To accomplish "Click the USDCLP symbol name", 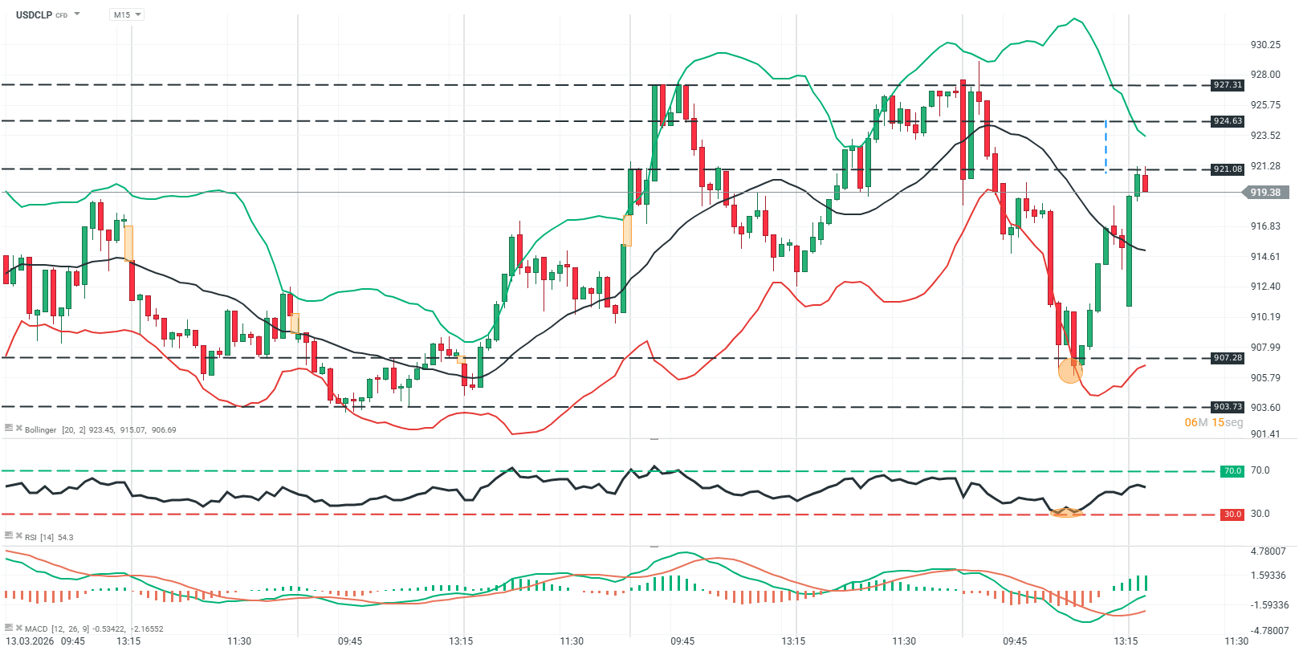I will coord(34,14).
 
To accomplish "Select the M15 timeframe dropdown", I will coord(126,14).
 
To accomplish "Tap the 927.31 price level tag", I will coord(1228,85).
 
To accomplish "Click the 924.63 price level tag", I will coord(1228,121).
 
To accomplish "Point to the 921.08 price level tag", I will coord(1228,169).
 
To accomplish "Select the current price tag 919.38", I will coord(1265,193).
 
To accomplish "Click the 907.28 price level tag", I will coord(1228,358).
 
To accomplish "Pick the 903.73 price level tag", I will coord(1228,407).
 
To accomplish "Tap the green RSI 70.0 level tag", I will coord(1232,471).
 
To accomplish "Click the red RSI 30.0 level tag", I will coord(1232,515).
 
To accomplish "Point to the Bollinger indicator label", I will coord(40,430).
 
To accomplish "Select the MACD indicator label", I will coord(36,629).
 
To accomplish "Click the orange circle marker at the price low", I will coord(1070,371).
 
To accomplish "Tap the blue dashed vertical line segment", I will coord(1106,146).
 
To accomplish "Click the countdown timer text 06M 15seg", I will coord(1213,423).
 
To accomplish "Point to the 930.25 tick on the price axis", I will coord(1265,45).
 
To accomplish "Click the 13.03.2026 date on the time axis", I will coord(31,641).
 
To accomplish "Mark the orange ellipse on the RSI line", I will coord(1066,512).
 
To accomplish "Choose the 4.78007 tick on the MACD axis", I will coord(1268,551).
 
